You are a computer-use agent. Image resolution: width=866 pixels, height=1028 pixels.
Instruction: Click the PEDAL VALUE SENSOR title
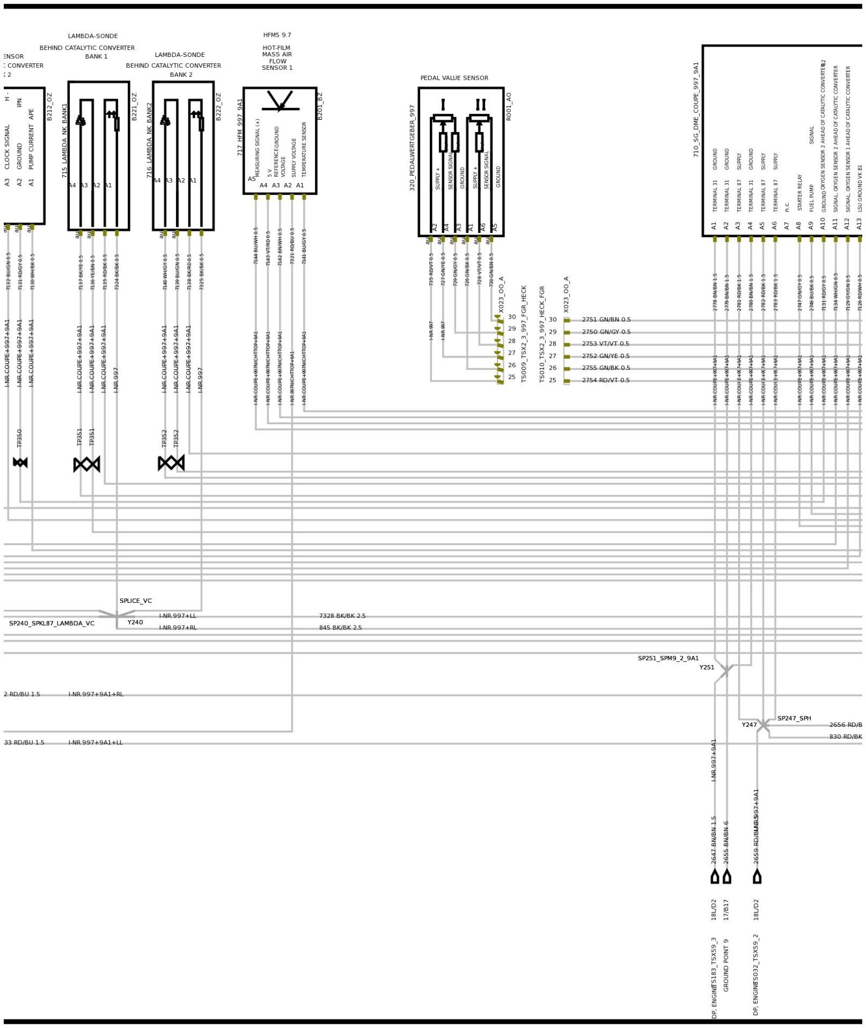tap(454, 78)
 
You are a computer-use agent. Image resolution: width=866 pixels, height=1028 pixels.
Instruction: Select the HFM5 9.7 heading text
tap(277, 35)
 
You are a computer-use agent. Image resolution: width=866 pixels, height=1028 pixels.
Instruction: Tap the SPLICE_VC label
tap(136, 601)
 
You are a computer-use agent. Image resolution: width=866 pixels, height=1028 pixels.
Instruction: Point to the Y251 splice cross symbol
tap(726, 670)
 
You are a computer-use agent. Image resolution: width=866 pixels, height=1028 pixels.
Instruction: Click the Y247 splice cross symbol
tap(763, 725)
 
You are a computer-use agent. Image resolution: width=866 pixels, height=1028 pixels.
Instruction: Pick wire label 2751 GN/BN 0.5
tap(606, 320)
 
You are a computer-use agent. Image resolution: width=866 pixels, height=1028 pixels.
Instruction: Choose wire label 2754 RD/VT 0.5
tap(606, 380)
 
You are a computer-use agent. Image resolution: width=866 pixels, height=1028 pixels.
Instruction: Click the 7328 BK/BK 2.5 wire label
tap(342, 616)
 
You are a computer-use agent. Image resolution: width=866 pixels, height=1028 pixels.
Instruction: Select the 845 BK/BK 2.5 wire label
tap(340, 628)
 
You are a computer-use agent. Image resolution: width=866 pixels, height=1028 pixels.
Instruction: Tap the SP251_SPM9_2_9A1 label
tap(668, 659)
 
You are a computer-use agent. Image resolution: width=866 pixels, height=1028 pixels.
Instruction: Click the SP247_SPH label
tap(794, 718)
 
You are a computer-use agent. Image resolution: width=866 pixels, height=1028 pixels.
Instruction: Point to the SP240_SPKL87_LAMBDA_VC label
tap(51, 623)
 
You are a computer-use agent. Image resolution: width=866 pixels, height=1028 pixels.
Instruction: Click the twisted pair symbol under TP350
tap(20, 463)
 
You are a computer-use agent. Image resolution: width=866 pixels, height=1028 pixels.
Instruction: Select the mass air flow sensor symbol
tap(280, 101)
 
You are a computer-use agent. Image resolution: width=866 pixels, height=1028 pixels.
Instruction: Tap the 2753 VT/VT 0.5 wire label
tap(606, 344)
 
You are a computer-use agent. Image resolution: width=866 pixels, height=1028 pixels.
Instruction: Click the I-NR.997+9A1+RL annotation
tap(96, 694)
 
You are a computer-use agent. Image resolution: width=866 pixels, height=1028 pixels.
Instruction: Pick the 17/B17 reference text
tap(726, 910)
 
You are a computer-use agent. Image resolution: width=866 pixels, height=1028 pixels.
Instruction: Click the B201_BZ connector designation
tap(320, 106)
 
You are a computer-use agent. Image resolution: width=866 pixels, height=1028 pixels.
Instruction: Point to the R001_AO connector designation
tap(508, 106)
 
